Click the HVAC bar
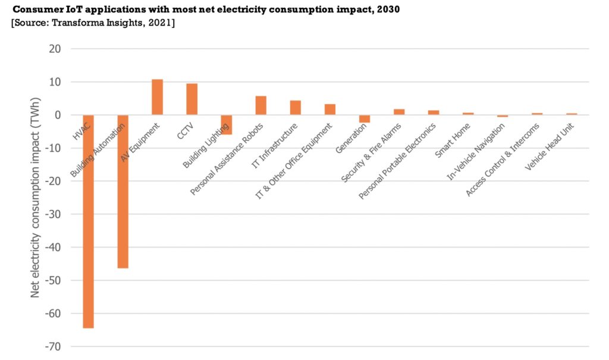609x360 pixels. click(88, 221)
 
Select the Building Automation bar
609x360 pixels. click(123, 192)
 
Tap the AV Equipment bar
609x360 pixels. click(157, 97)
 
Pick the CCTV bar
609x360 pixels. click(192, 99)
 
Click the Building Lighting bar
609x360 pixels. click(226, 124)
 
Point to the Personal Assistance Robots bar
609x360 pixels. click(260, 105)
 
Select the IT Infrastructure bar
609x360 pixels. click(295, 108)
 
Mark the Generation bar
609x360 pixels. click(365, 118)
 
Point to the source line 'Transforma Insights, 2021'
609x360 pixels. click(92, 23)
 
